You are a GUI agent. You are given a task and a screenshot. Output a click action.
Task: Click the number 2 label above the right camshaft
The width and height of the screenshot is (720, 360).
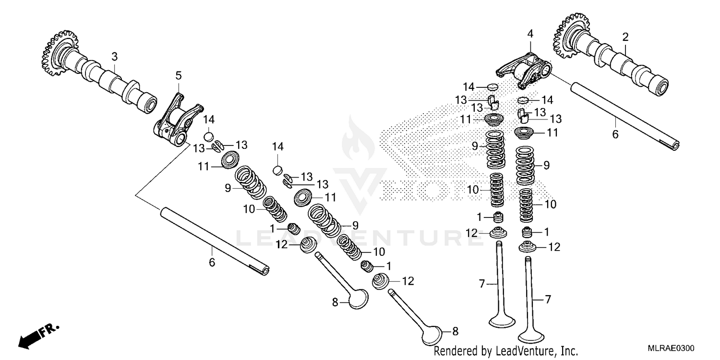coord(625,37)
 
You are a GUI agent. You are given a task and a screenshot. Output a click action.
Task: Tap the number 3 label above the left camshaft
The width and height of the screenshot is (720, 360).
coord(114,57)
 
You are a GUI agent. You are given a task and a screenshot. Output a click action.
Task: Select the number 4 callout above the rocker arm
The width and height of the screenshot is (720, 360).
coord(530,34)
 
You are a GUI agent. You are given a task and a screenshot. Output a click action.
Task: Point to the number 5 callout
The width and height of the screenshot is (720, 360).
coord(179,75)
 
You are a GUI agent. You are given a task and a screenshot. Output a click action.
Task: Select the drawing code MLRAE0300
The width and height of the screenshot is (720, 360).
coord(671,348)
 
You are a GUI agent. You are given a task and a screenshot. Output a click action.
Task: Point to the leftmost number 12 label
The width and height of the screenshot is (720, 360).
coord(282,245)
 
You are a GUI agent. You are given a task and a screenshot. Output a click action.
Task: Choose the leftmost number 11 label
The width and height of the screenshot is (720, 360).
coord(203,167)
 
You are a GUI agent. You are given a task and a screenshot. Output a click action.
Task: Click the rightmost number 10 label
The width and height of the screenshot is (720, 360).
coord(550,204)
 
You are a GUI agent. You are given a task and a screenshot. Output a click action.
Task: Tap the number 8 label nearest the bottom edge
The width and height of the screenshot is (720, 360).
coord(455,331)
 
